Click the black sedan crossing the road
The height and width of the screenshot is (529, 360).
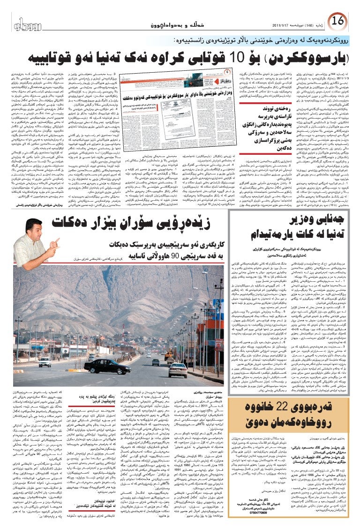coord(107,365)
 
